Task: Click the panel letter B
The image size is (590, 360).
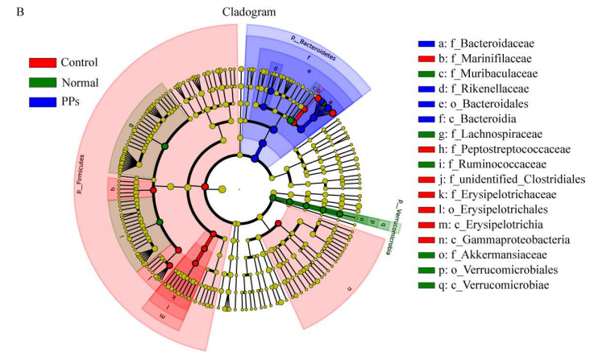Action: [9, 10]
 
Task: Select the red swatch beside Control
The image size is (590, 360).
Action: [43, 62]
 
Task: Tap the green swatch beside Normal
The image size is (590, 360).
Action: [43, 81]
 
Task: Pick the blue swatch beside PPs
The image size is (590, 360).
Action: [43, 101]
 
